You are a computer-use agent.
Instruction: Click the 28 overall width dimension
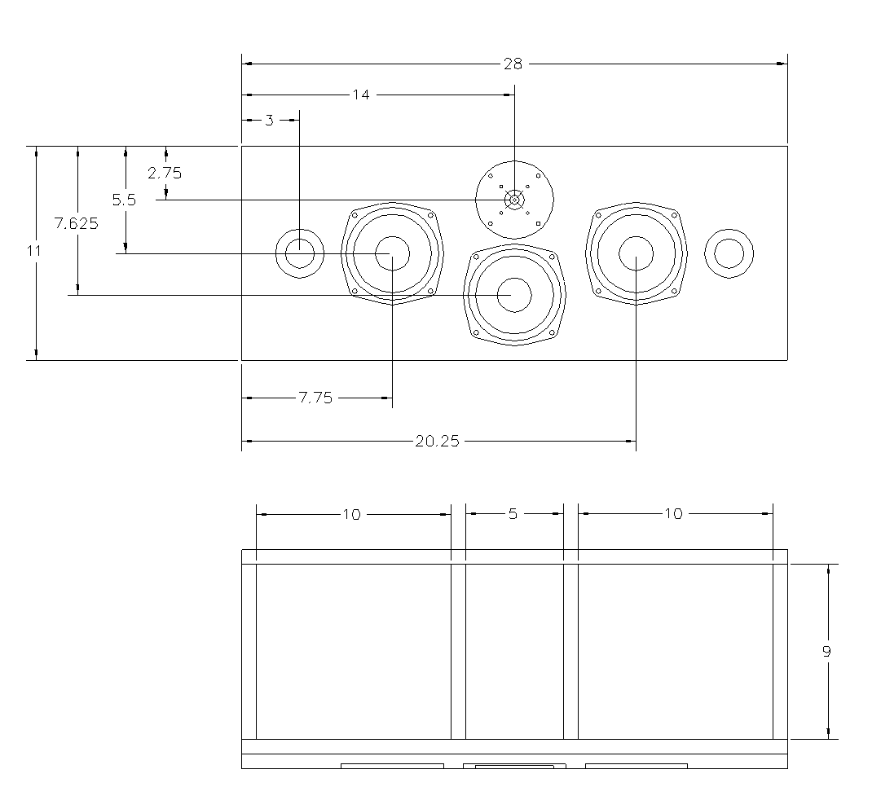point(513,64)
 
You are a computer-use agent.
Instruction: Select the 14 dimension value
point(360,95)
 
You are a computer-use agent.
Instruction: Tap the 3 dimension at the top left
point(269,121)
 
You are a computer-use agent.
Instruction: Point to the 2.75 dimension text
point(165,173)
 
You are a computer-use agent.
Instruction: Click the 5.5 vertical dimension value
point(124,200)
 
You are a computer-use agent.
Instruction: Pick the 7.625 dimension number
point(77,224)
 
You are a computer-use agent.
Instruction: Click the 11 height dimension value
point(33,252)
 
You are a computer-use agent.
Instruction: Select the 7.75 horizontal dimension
point(315,398)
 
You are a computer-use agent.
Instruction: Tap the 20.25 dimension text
point(438,442)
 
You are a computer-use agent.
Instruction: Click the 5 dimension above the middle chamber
point(513,514)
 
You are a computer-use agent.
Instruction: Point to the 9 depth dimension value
point(827,652)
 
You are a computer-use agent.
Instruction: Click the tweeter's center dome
point(514,200)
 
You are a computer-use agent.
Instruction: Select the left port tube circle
point(299,253)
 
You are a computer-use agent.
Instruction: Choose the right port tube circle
point(729,253)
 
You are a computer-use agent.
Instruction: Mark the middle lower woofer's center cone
point(514,295)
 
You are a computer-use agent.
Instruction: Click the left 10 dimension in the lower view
point(351,514)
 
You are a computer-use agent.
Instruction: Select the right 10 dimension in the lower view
point(673,514)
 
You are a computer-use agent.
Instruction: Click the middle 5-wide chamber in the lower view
point(514,652)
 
